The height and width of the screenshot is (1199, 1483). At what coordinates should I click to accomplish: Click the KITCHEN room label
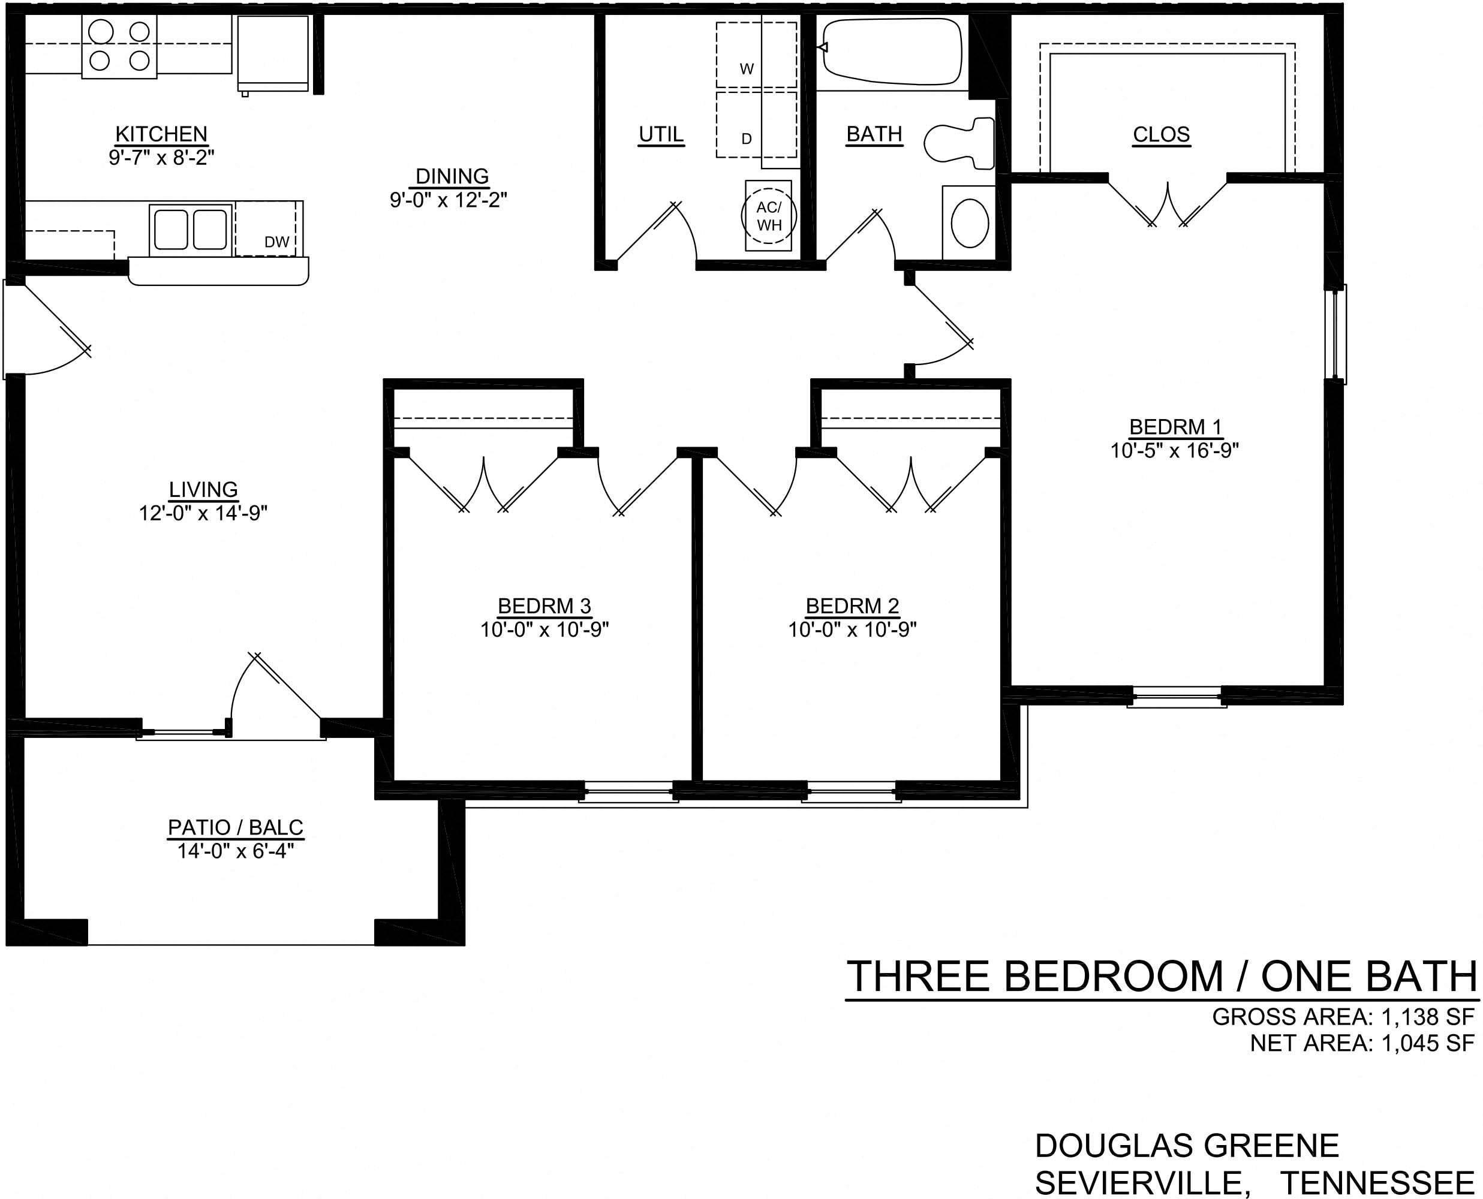[161, 133]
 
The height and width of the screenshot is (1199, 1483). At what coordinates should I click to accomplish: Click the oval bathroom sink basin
[970, 223]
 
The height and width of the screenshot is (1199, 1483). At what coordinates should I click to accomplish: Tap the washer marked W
[756, 55]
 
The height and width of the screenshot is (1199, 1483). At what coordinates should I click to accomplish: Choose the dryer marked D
[756, 124]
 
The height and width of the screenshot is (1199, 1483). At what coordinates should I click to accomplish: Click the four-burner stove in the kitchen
[119, 46]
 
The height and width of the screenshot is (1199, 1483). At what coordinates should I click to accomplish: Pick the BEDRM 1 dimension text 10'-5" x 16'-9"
[1174, 450]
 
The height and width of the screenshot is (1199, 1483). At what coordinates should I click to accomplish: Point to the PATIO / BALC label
[236, 827]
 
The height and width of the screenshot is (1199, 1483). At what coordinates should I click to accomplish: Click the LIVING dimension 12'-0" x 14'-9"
[203, 513]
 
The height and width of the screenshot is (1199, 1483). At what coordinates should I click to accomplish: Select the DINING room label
[452, 176]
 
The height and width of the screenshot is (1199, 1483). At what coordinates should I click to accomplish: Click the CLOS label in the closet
[1161, 134]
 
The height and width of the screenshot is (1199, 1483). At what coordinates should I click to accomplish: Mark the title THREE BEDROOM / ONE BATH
[1162, 976]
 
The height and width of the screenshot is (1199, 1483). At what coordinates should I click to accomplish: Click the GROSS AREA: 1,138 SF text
[1343, 1017]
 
